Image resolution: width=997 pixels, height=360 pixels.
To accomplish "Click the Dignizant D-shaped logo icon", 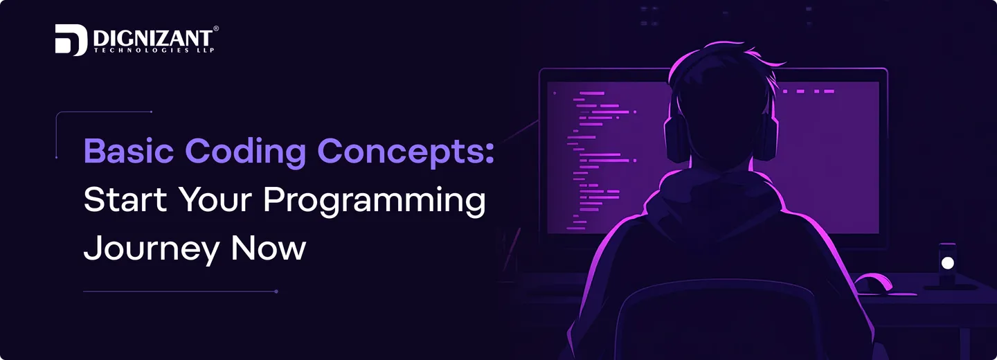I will (x=71, y=40).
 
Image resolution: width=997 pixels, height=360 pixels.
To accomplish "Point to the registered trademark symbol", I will (x=216, y=28).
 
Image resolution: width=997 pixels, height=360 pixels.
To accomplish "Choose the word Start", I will (x=125, y=201).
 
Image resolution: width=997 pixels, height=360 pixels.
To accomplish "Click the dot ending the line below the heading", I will (x=276, y=291).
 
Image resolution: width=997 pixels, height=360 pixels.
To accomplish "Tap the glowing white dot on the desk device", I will (x=948, y=263).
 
